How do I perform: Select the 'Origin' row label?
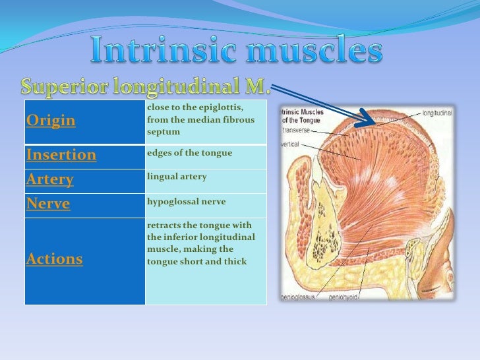pos(51,121)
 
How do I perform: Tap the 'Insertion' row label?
pos(61,156)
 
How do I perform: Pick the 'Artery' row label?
pos(49,179)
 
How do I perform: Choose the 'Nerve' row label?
pos(48,204)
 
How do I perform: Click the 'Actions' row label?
pos(55,259)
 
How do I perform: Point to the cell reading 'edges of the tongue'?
pos(189,153)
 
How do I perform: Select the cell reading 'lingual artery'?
pos(177,177)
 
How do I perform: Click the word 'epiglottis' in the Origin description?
pos(221,107)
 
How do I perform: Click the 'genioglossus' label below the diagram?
pos(304,297)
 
